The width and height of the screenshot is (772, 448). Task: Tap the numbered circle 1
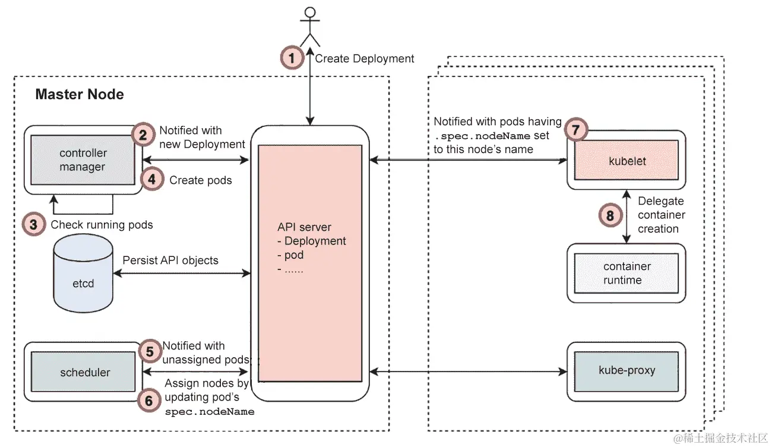pyautogui.click(x=291, y=58)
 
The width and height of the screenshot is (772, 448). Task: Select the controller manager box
pyautogui.click(x=83, y=160)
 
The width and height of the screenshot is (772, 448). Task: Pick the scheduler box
pyautogui.click(x=85, y=373)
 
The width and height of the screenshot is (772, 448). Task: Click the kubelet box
pyautogui.click(x=627, y=161)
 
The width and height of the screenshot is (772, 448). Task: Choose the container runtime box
pyautogui.click(x=626, y=274)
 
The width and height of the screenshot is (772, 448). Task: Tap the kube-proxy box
pyautogui.click(x=627, y=370)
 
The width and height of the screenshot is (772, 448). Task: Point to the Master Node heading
pyautogui.click(x=80, y=94)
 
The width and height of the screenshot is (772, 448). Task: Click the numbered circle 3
pyautogui.click(x=34, y=225)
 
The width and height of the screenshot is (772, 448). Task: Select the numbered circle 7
pyautogui.click(x=575, y=129)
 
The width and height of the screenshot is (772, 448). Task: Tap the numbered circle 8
pyautogui.click(x=609, y=215)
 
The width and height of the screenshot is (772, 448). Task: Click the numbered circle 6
pyautogui.click(x=149, y=401)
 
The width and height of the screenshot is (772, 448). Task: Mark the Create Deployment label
pyautogui.click(x=365, y=59)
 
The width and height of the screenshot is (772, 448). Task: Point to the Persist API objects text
pyautogui.click(x=170, y=260)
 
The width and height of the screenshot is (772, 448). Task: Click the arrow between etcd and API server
pyautogui.click(x=182, y=274)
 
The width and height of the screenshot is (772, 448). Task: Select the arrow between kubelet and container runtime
pyautogui.click(x=627, y=217)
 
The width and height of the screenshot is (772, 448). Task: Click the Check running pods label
pyautogui.click(x=102, y=225)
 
